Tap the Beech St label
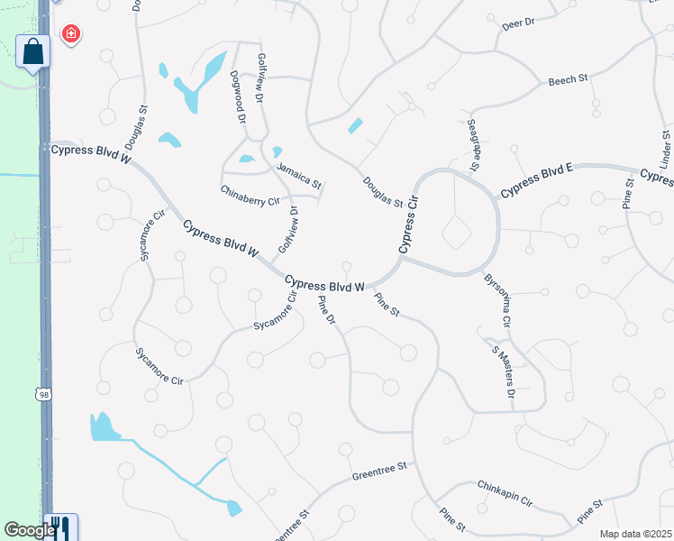point(568,80)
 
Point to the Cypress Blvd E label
point(536,180)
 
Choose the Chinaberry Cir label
point(250,195)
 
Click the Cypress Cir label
point(410,225)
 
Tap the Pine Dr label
point(327,311)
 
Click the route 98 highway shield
point(42,394)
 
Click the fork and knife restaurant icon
point(59,527)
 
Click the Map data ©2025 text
point(634,534)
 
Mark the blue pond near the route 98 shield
point(105,427)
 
